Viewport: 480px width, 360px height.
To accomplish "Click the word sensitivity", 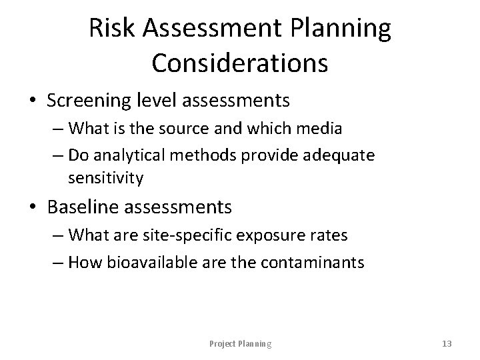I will [105, 177].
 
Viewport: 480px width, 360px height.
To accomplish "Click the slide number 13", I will [447, 343].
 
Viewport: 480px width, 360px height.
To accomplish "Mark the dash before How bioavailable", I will [58, 262].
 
